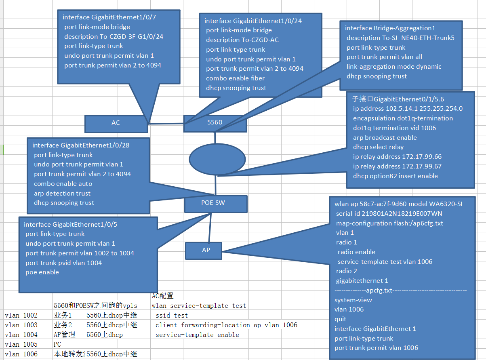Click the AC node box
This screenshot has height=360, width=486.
point(116,123)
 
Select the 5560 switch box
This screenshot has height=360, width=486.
point(215,122)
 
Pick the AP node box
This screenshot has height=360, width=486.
point(206,250)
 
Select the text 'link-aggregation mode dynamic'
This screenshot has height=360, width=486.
point(394,67)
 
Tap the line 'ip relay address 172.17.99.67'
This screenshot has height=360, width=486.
point(397,166)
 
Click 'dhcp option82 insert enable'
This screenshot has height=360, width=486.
point(395,176)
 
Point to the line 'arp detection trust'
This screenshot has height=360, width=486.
point(62,194)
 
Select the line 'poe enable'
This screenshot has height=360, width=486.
point(42,272)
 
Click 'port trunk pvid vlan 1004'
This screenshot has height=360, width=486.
point(63,263)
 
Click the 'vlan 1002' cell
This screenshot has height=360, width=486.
point(21,315)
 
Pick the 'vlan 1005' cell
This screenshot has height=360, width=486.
point(21,344)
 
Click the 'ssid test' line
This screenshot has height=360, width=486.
point(172,315)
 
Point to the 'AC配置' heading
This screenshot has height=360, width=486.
point(162,296)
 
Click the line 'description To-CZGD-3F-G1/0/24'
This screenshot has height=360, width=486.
point(114,37)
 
